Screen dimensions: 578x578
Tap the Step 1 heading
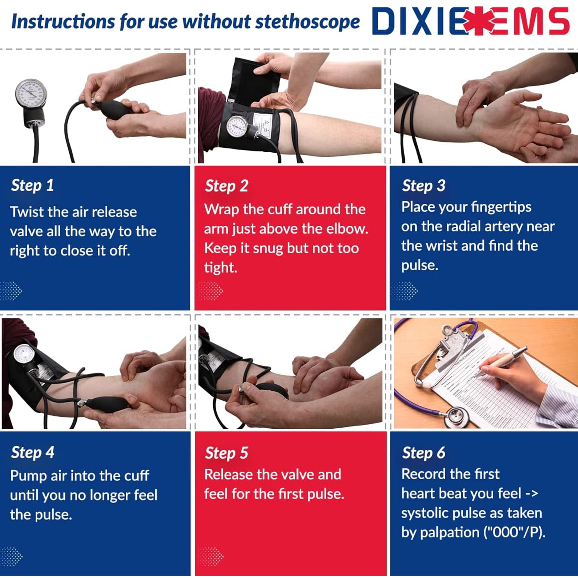32,185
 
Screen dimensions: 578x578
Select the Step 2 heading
227,186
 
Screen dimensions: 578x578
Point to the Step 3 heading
423,185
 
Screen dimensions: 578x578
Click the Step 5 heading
227,453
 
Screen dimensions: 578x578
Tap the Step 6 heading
423,452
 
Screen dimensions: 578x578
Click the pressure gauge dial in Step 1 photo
31,93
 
